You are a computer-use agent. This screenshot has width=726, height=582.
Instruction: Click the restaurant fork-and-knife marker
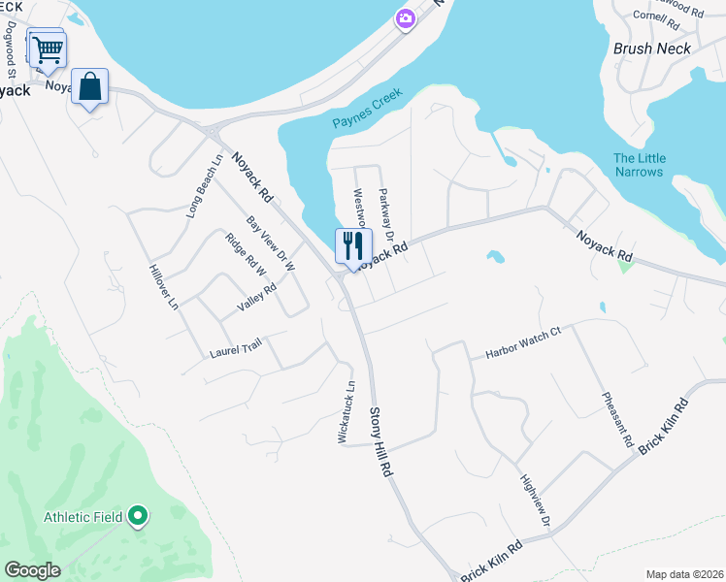(353, 245)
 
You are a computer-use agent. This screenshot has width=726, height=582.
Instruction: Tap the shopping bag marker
(89, 86)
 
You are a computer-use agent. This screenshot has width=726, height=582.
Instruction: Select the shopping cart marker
(48, 48)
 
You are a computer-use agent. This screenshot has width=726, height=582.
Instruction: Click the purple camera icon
(406, 17)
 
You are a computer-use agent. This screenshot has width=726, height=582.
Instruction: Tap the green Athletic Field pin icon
(138, 517)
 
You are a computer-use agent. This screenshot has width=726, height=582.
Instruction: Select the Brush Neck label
(652, 48)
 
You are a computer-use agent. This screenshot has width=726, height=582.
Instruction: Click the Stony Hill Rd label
(379, 440)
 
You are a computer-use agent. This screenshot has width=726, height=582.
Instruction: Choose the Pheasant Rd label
(617, 419)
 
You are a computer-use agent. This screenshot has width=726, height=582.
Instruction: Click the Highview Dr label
(535, 501)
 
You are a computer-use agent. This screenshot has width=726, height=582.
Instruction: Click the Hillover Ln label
(163, 287)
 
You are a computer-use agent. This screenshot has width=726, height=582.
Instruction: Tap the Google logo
(32, 569)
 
